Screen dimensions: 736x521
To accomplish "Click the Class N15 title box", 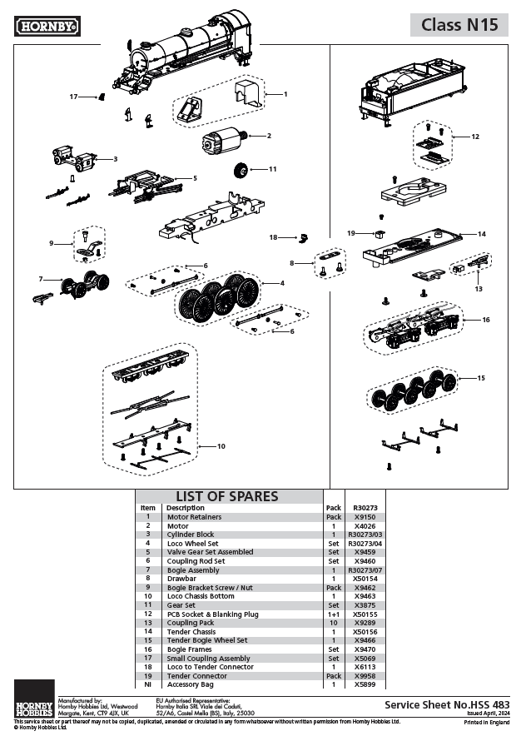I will point(459,25).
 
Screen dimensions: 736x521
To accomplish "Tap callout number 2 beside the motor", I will point(269,136).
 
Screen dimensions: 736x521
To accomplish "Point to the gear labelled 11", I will point(241,170).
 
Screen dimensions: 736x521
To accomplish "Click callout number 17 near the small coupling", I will point(73,97).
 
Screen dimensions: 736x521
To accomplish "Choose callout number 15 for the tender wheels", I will point(479,378).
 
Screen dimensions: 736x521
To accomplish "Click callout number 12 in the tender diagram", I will point(475,136).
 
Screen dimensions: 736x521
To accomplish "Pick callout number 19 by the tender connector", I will point(351,232).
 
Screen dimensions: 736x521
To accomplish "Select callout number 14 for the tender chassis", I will point(481,234).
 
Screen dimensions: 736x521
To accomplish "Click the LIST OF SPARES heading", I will point(226,497).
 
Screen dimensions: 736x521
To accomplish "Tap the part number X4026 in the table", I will point(365,526).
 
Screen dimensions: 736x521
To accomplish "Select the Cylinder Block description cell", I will point(191,535).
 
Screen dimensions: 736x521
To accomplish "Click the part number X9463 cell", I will point(365,596).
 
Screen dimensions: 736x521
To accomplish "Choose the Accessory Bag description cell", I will point(191,684).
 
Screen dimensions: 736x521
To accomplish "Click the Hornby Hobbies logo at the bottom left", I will point(33,699).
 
